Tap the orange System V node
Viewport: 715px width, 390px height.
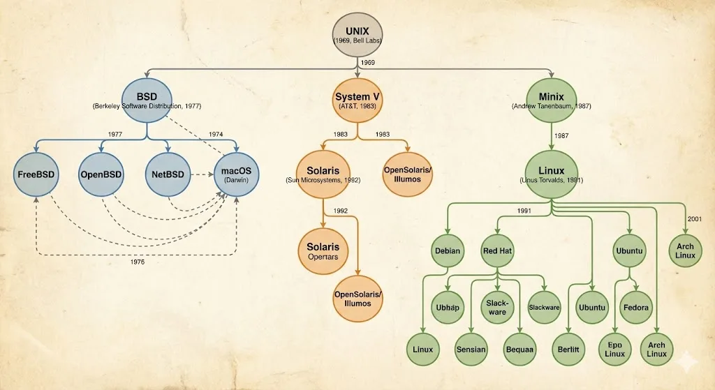pyautogui.click(x=357, y=102)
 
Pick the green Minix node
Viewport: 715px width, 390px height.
pyautogui.click(x=552, y=102)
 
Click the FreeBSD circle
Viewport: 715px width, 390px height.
pyautogui.click(x=36, y=174)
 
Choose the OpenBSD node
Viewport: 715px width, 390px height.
pyautogui.click(x=102, y=174)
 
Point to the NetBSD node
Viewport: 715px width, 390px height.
pyautogui.click(x=168, y=174)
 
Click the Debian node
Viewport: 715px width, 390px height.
pyautogui.click(x=448, y=250)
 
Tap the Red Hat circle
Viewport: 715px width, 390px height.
pyautogui.click(x=497, y=250)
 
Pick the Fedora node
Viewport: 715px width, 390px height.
pyautogui.click(x=637, y=308)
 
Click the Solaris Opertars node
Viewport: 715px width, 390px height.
pyautogui.click(x=323, y=252)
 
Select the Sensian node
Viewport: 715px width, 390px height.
pyautogui.click(x=471, y=349)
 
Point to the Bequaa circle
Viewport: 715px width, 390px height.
pyautogui.click(x=520, y=349)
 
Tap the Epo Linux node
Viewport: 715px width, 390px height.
pyautogui.click(x=615, y=349)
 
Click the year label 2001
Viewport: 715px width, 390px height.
pyautogui.click(x=695, y=219)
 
